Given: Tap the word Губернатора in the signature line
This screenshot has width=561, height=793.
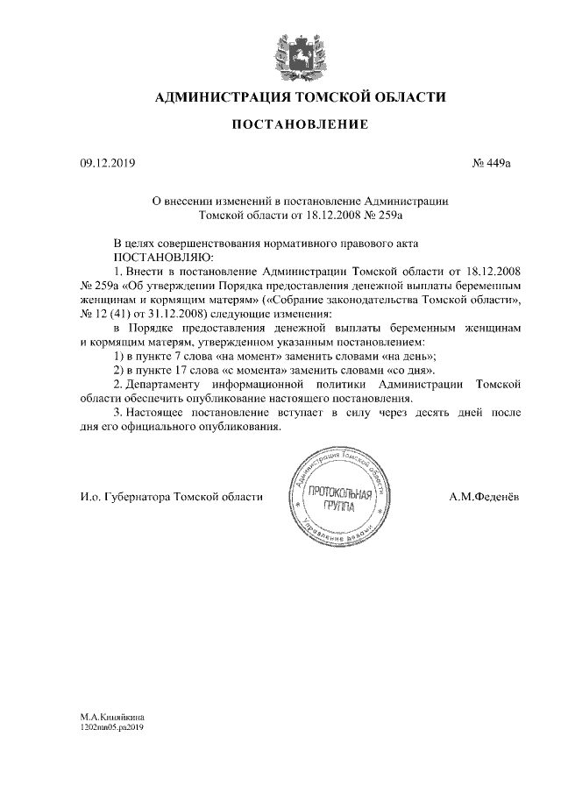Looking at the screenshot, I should pos(138,498).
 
